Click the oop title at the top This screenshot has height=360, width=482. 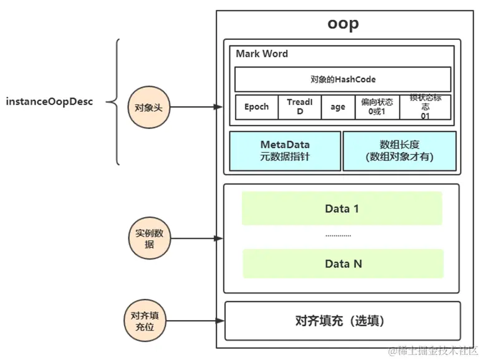(343, 24)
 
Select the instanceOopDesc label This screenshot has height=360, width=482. (49, 101)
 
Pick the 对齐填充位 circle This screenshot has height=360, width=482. (144, 321)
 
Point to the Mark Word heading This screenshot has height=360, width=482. (262, 54)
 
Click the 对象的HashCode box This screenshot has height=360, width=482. (342, 79)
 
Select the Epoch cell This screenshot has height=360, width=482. (256, 107)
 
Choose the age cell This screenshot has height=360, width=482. (337, 107)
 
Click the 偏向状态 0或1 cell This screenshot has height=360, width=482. (377, 107)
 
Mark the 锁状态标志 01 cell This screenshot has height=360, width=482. (425, 107)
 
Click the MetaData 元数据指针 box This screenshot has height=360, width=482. (285, 151)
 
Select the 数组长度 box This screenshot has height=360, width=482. (399, 151)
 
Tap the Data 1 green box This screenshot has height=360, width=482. (342, 208)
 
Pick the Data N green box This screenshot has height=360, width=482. (343, 263)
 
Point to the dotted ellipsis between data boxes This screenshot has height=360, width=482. (338, 236)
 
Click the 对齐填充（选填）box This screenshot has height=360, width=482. (342, 321)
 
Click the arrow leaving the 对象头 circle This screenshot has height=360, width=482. (193, 107)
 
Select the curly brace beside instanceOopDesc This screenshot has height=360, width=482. (114, 101)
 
